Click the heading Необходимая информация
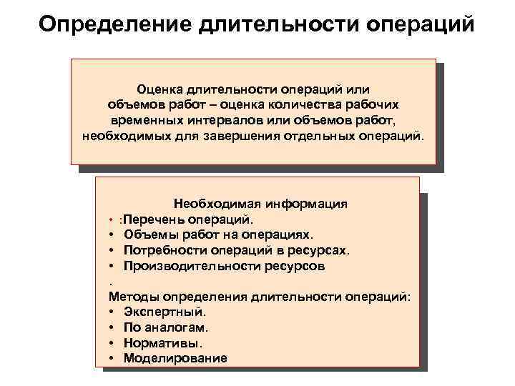tap(260, 203)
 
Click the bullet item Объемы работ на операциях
tap(218, 234)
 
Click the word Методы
tap(134, 297)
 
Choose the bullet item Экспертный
tap(165, 312)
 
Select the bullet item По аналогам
tap(165, 327)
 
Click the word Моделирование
tap(175, 358)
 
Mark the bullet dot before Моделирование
tap(114, 358)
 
